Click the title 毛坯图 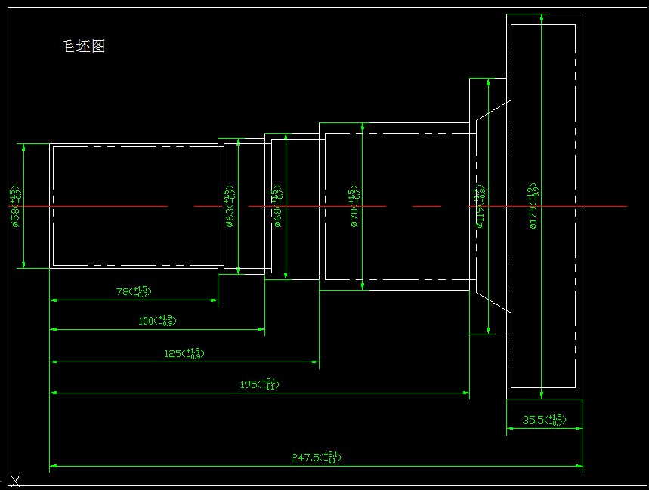click(x=82, y=46)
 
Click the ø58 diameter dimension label click(x=15, y=206)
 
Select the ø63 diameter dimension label click(x=230, y=207)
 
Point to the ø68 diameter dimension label click(x=277, y=206)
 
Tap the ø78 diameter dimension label click(x=354, y=205)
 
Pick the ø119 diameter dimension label click(x=479, y=207)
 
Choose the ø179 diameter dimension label click(x=533, y=205)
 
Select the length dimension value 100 click(x=157, y=321)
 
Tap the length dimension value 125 click(x=184, y=353)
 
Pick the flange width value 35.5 click(x=544, y=420)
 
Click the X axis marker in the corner click(x=14, y=480)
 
